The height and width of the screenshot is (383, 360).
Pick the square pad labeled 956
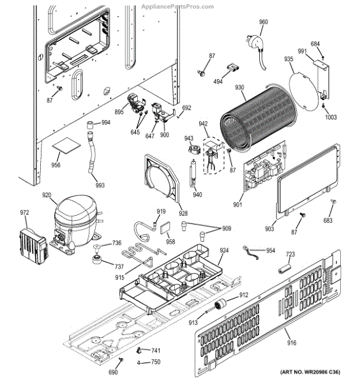click(x=64, y=147)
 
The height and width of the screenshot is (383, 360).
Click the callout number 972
click(x=24, y=213)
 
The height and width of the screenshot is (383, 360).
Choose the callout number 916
click(x=290, y=344)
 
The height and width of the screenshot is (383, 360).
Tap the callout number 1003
click(x=331, y=117)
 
